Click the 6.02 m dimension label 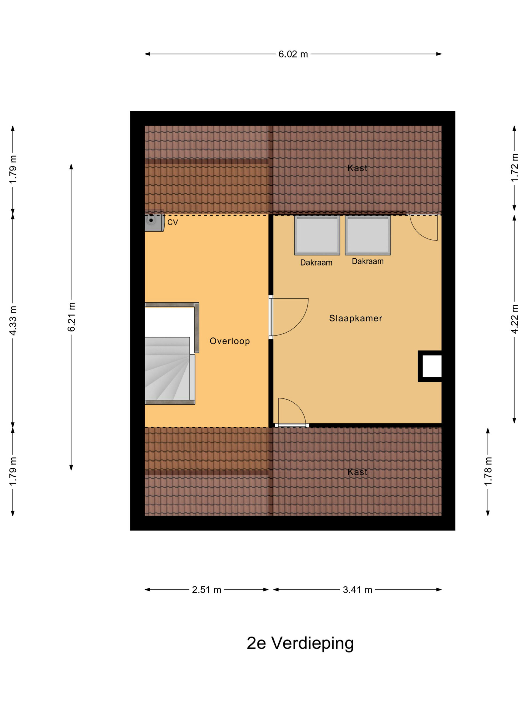293,54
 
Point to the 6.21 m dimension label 71,317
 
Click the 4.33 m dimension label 13,320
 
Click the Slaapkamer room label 355,318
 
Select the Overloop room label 230,341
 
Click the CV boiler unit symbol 154,220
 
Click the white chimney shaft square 432,366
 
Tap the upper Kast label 357,168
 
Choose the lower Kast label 357,472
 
